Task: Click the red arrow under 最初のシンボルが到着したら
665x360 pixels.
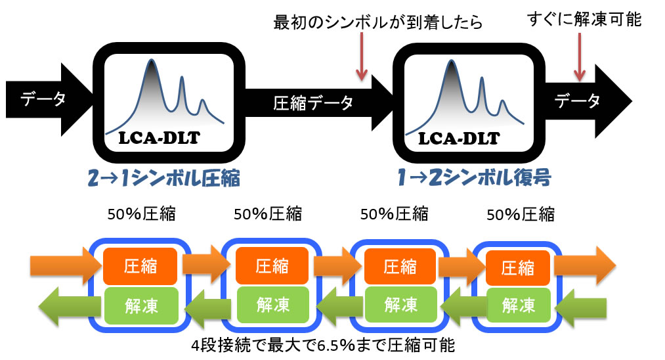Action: pyautogui.click(x=361, y=56)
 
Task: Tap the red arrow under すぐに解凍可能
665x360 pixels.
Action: pyautogui.click(x=579, y=57)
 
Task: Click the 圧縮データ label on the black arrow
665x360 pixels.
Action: pyautogui.click(x=313, y=102)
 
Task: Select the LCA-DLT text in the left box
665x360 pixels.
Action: pyautogui.click(x=159, y=138)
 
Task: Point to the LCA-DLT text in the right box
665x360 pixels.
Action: pyautogui.click(x=459, y=139)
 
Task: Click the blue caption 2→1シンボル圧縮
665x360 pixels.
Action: pyautogui.click(x=163, y=178)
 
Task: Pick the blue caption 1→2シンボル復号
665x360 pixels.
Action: pyautogui.click(x=474, y=177)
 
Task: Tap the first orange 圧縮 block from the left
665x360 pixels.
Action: pyautogui.click(x=140, y=266)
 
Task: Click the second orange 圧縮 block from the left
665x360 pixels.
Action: pyautogui.click(x=272, y=266)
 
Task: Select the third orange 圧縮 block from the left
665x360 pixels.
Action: pyautogui.click(x=400, y=267)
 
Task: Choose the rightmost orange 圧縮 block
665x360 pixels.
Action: pyautogui.click(x=517, y=268)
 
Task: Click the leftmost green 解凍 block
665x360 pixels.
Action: pyautogui.click(x=141, y=305)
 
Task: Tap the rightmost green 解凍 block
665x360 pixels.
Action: pyautogui.click(x=518, y=305)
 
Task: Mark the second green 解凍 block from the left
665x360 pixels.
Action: pyautogui.click(x=272, y=305)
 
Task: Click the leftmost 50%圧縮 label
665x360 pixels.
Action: pyautogui.click(x=141, y=214)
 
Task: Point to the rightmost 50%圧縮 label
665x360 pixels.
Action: pyautogui.click(x=521, y=214)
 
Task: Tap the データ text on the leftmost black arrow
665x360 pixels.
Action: pyautogui.click(x=43, y=99)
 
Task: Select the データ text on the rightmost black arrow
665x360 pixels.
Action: pyautogui.click(x=577, y=101)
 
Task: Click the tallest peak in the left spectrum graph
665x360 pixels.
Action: pyautogui.click(x=152, y=60)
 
